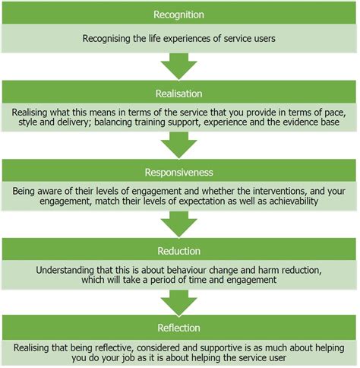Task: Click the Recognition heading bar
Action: pyautogui.click(x=180, y=14)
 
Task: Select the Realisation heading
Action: pyautogui.click(x=180, y=94)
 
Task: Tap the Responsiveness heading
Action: pyautogui.click(x=180, y=172)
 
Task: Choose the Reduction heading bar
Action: pyautogui.click(x=180, y=251)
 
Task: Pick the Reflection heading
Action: pyautogui.click(x=180, y=328)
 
